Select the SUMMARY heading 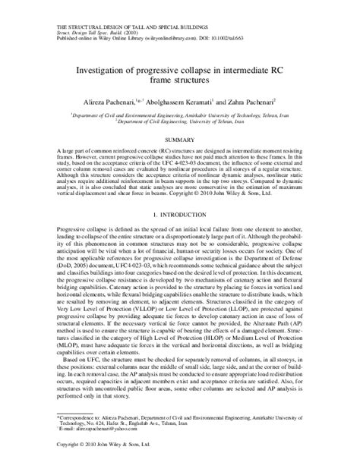(179, 141)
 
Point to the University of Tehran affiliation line (180, 119)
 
